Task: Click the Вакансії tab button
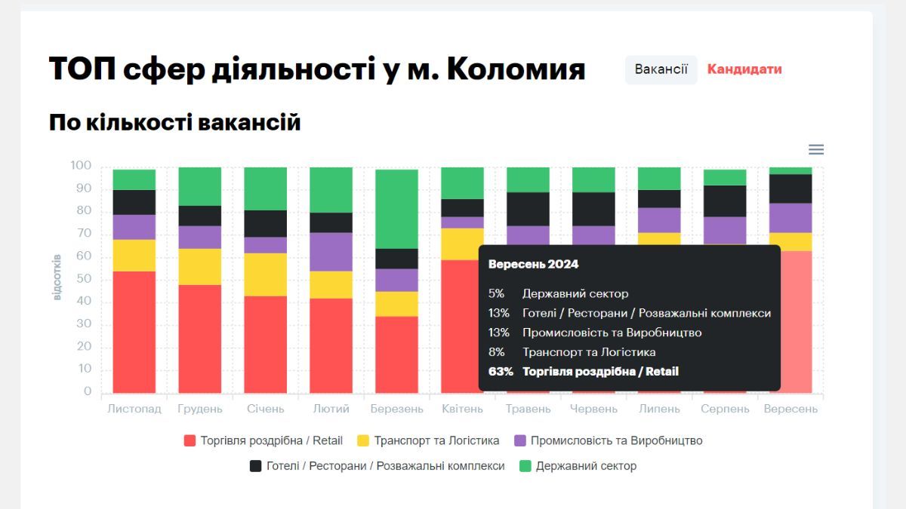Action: pyautogui.click(x=661, y=69)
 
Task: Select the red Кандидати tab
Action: pyautogui.click(x=744, y=69)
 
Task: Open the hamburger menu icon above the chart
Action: pyautogui.click(x=816, y=149)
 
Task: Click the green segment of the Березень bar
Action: pyautogui.click(x=396, y=209)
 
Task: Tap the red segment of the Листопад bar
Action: pyautogui.click(x=134, y=332)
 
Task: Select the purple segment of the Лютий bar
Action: pyautogui.click(x=331, y=252)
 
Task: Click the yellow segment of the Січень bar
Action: pyautogui.click(x=265, y=274)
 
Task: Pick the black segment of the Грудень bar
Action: pyautogui.click(x=199, y=216)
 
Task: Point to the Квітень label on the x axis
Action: pyautogui.click(x=462, y=409)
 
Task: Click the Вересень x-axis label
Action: pyautogui.click(x=790, y=409)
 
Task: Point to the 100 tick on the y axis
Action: pyautogui.click(x=80, y=166)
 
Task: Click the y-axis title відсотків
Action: pyautogui.click(x=57, y=277)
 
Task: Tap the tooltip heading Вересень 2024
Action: pyautogui.click(x=533, y=265)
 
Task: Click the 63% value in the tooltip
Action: pyautogui.click(x=501, y=371)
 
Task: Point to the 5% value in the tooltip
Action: pyautogui.click(x=496, y=293)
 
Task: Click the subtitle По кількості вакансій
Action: pyautogui.click(x=175, y=122)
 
